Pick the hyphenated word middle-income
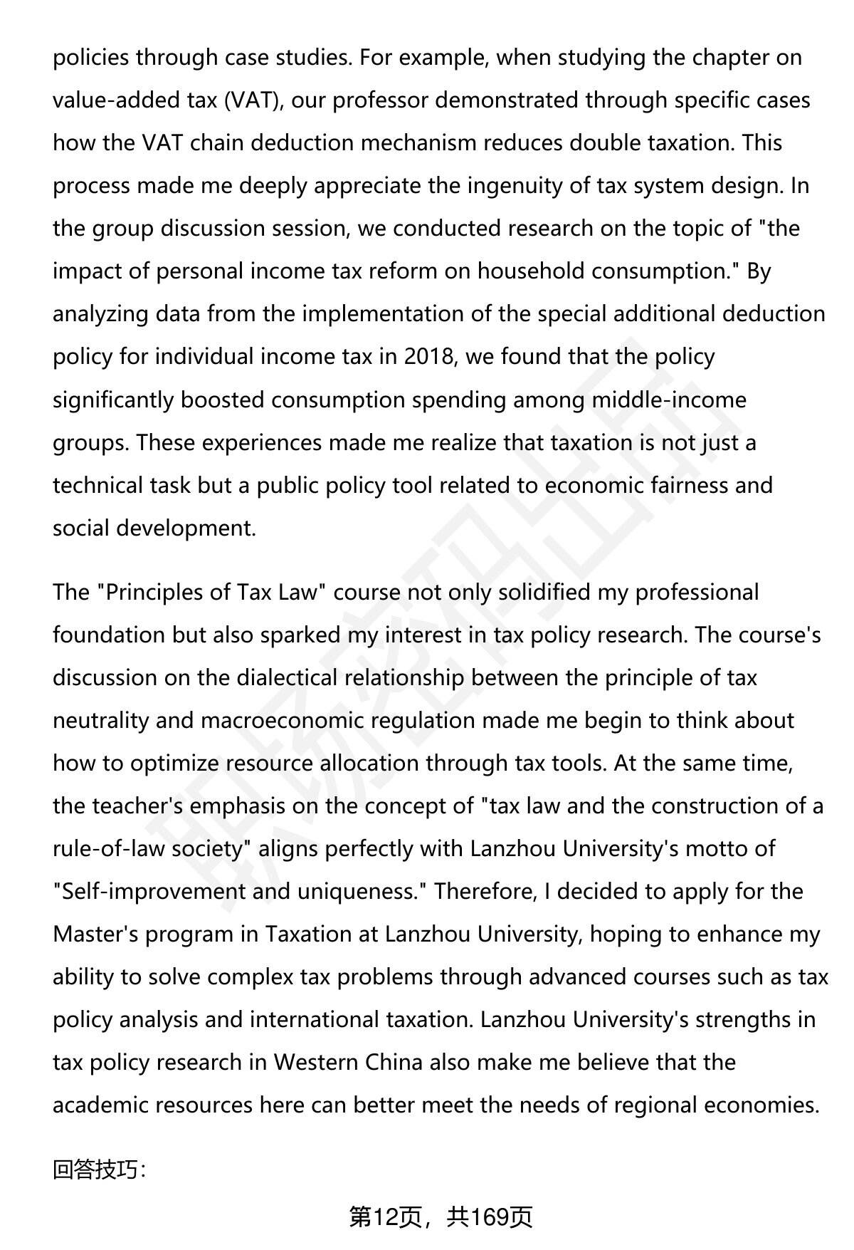669,400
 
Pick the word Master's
95,934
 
